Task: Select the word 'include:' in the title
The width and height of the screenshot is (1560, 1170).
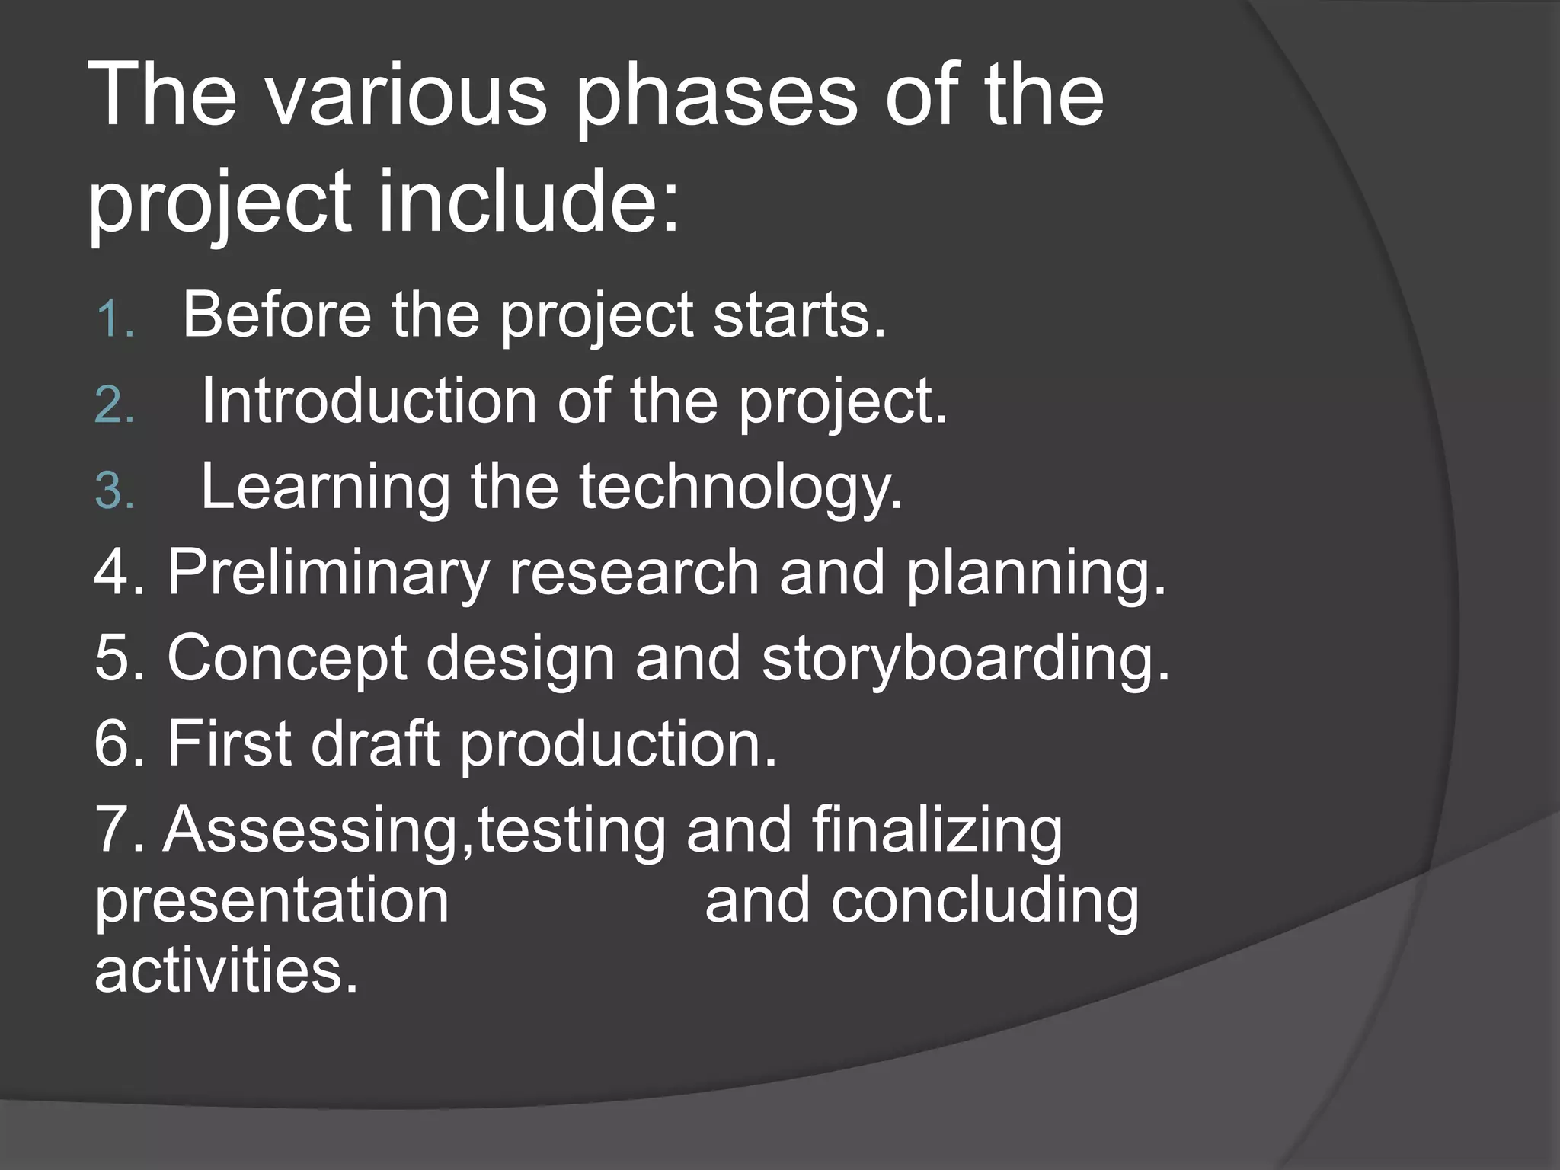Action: coord(528,202)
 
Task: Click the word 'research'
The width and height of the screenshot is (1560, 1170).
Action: coord(634,573)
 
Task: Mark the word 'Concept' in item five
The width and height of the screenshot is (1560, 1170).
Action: coord(287,659)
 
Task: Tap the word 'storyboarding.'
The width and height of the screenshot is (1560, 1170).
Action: coord(965,659)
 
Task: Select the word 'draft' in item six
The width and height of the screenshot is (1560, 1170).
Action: coord(374,743)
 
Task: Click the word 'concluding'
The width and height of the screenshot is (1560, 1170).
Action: coord(985,902)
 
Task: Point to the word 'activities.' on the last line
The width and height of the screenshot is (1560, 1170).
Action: coord(226,971)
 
